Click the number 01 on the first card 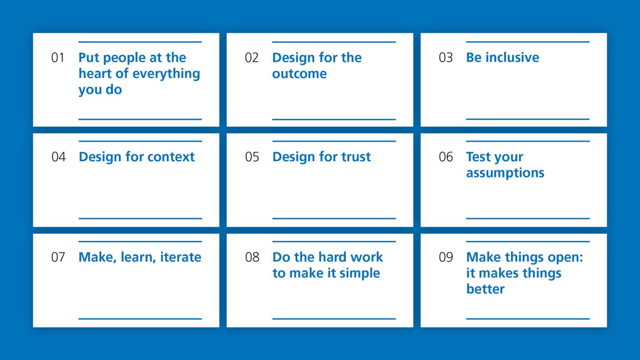tap(58, 58)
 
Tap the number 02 tap(252, 58)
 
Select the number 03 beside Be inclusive tap(445, 58)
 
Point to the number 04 tap(58, 157)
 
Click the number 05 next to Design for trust tap(252, 157)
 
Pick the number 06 tap(446, 157)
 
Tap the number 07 tap(58, 257)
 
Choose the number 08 tap(252, 257)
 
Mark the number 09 tap(446, 257)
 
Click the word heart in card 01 tap(95, 74)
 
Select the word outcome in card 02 tap(299, 74)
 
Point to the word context tap(172, 157)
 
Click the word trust tap(353, 157)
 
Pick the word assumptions tap(505, 173)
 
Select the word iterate tap(180, 257)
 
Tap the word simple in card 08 tap(359, 273)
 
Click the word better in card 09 tap(485, 289)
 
